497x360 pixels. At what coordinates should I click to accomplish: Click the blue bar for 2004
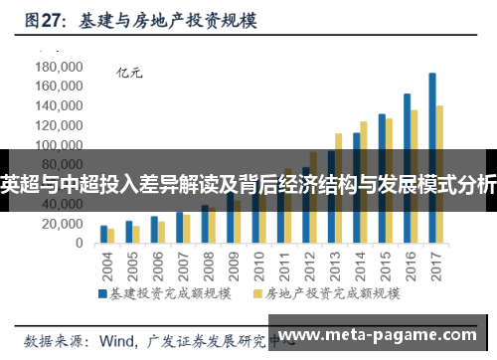[103, 235]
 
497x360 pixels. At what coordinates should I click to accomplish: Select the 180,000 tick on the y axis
[57, 67]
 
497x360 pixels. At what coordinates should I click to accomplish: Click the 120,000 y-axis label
[57, 125]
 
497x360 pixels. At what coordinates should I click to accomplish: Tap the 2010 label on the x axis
[257, 265]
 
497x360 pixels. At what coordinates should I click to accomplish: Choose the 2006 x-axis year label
[154, 265]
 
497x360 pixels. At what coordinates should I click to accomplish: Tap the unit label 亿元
[130, 72]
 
